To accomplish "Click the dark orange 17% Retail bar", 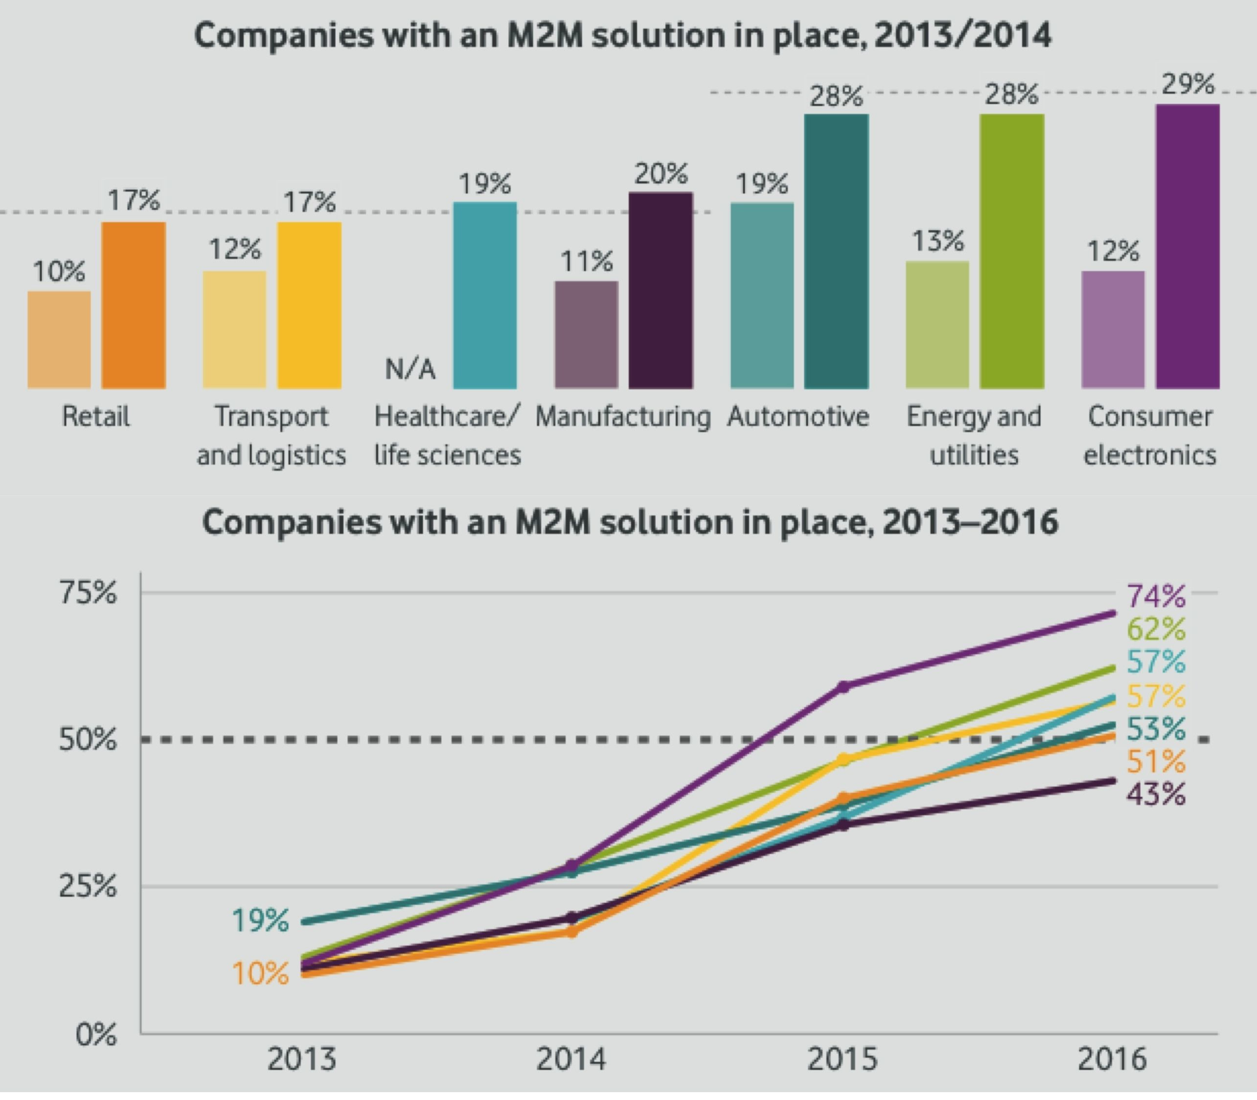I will tap(134, 305).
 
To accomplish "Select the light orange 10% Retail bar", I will tap(59, 340).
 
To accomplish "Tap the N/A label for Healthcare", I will tap(410, 370).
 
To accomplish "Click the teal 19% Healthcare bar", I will tap(484, 295).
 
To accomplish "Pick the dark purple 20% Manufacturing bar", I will tap(661, 290).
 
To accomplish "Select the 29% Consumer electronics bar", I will tap(1187, 246).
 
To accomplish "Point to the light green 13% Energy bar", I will tap(937, 325).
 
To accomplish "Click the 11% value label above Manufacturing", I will tap(586, 262).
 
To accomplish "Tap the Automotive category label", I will tap(798, 416).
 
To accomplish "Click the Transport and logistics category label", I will tap(271, 435).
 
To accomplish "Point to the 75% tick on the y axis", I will tap(88, 593).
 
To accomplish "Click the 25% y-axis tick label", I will tap(88, 887).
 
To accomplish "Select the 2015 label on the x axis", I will tap(842, 1059).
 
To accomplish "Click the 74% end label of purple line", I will tap(1156, 596).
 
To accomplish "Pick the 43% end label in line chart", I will tap(1156, 794).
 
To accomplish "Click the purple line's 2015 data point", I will tap(843, 686).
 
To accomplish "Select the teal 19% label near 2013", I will tap(260, 921).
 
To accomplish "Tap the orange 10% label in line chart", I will tap(260, 974).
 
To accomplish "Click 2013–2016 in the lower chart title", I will tap(970, 522).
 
